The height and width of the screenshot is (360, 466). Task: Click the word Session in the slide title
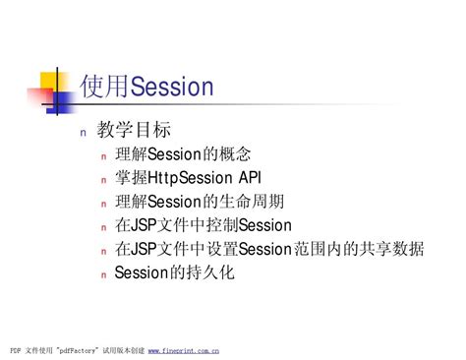172,87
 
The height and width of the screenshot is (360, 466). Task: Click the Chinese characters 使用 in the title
105,86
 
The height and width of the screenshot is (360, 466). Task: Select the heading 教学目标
134,129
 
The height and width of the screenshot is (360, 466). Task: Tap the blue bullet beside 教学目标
84,133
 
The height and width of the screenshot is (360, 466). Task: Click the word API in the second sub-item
250,177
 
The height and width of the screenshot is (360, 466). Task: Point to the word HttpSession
190,178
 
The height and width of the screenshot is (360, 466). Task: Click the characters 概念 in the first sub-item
235,154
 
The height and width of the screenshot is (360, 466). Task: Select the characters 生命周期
252,202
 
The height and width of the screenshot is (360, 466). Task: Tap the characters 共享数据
391,249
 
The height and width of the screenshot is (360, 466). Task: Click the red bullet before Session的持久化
104,275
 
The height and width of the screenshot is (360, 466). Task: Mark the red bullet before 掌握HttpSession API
104,180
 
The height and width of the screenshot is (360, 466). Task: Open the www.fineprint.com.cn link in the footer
184,350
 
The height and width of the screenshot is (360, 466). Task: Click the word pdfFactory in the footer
77,350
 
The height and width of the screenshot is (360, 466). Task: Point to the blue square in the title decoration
60,102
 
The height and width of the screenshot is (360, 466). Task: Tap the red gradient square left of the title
40,95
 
